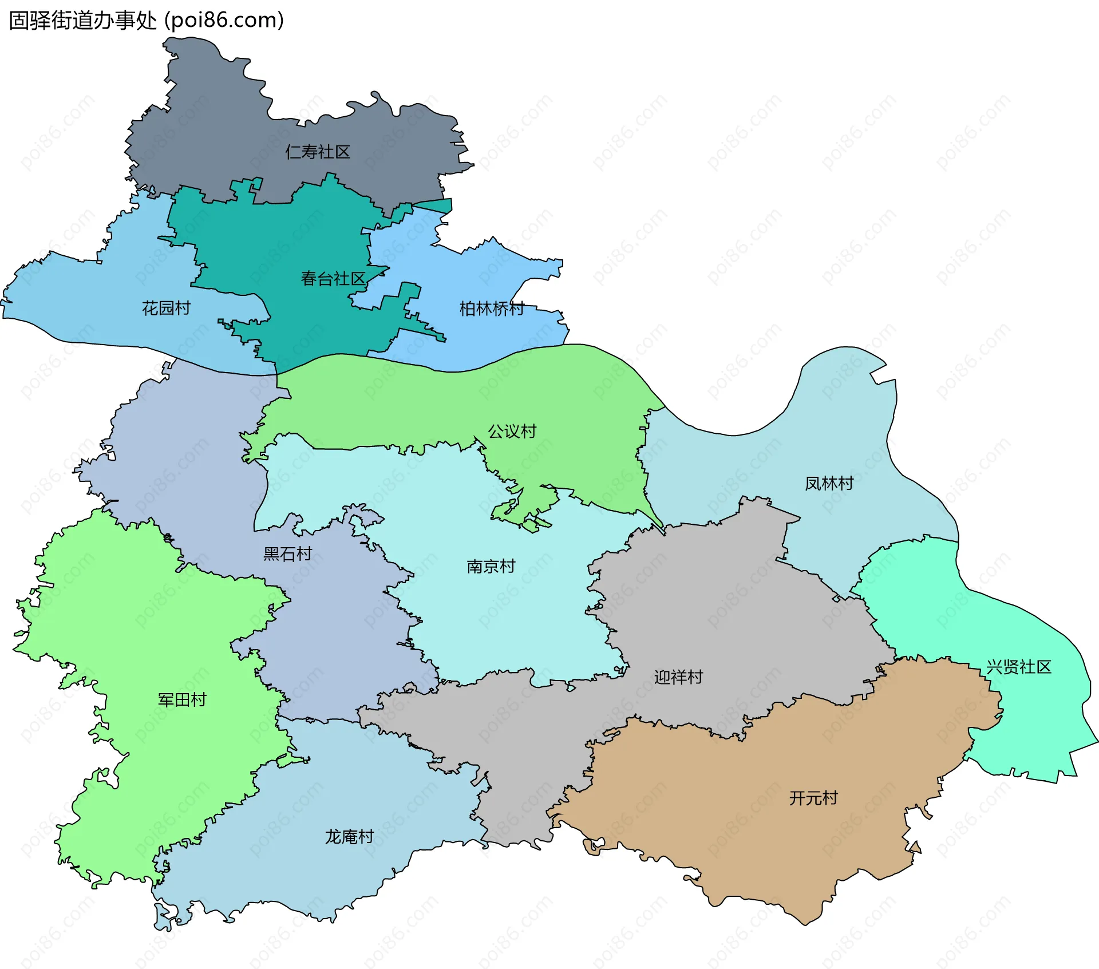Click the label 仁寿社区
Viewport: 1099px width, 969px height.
tap(318, 152)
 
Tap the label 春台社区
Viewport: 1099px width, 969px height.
tap(333, 279)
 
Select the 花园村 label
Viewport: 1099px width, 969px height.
tap(166, 309)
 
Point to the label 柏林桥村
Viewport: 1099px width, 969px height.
tap(492, 309)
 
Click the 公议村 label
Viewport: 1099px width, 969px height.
tap(512, 432)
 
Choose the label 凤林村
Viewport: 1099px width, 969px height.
tap(829, 484)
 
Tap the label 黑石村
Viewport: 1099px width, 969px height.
tap(287, 554)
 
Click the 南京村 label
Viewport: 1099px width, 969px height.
tap(491, 567)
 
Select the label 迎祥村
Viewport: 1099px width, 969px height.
tap(678, 678)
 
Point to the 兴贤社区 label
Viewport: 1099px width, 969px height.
tap(1019, 667)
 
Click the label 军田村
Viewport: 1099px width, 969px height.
tap(182, 700)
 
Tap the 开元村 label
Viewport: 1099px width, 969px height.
tap(813, 798)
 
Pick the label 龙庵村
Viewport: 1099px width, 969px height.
tap(349, 837)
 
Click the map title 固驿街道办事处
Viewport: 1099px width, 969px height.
tap(83, 21)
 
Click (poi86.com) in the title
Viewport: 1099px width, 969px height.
tap(224, 21)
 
